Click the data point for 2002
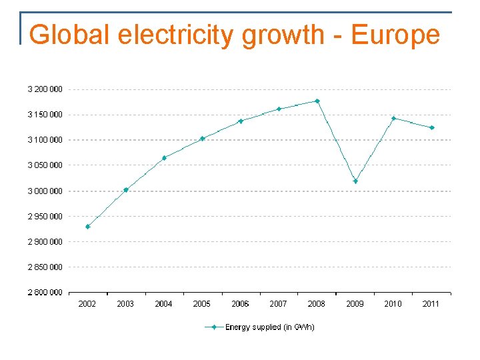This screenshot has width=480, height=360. point(87,227)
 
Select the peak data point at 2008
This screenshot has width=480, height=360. point(317,101)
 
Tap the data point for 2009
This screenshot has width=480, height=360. point(355,181)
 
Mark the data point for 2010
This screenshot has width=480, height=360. point(393,119)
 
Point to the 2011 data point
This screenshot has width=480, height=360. point(432,127)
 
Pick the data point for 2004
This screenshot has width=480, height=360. point(164,158)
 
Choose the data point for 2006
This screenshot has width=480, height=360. point(241,121)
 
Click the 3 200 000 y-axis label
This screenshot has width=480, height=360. point(45,89)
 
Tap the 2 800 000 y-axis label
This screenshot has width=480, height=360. point(45,292)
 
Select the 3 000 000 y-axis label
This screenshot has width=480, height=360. point(45,191)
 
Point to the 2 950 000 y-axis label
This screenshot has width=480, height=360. point(45,216)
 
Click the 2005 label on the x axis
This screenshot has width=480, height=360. point(202,304)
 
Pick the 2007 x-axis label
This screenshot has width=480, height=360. point(279,304)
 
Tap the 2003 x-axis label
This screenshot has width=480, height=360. point(125,304)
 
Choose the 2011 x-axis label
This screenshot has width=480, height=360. point(431,304)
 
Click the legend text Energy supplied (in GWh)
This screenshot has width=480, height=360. point(269,327)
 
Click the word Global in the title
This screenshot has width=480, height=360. point(69,35)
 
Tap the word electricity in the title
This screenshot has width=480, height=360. point(175,35)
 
